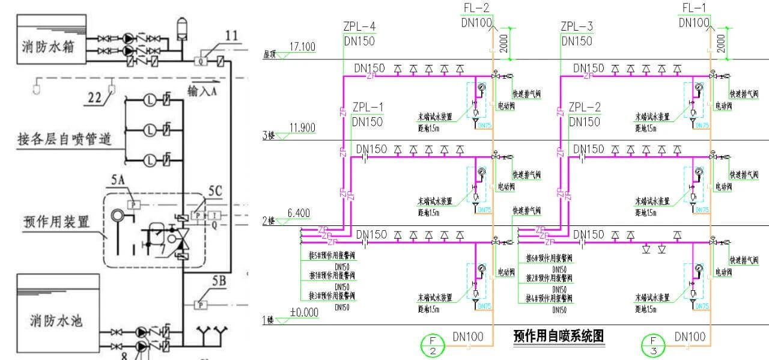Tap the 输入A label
point(204,91)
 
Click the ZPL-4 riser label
point(359,26)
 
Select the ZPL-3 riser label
point(577,26)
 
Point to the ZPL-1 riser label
point(367,107)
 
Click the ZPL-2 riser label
point(585,107)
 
